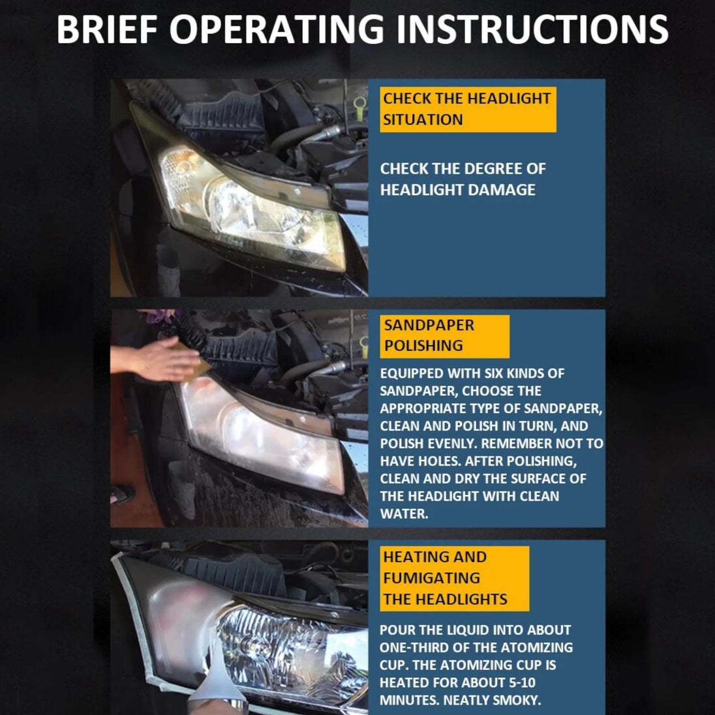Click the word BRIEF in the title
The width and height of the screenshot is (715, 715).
point(107,29)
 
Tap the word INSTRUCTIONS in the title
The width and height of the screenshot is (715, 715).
point(532,29)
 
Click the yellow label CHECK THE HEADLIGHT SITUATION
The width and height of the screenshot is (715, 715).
point(468,110)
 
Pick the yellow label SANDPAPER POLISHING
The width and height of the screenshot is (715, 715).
point(445,336)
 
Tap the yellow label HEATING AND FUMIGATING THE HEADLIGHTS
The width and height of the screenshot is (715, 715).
point(454,578)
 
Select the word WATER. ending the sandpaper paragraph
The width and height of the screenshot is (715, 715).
point(404,514)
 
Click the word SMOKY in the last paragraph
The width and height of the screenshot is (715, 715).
point(515,700)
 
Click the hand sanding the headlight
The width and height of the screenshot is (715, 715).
point(155,358)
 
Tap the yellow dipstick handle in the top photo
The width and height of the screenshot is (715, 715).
point(359,108)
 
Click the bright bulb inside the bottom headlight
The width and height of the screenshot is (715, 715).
point(251,643)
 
